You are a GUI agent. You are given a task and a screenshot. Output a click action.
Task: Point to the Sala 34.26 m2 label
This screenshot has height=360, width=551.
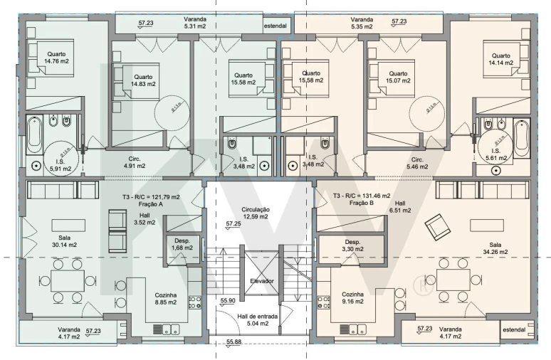click(x=495, y=248)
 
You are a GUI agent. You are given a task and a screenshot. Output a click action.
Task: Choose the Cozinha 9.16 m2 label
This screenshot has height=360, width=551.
click(x=353, y=297)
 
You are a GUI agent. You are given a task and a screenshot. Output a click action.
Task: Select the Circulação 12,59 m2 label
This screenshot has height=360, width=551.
click(x=256, y=213)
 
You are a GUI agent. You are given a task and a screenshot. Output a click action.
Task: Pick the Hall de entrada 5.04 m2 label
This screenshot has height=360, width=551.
click(x=258, y=319)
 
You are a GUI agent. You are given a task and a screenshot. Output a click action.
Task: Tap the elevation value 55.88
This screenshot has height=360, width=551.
click(x=234, y=342)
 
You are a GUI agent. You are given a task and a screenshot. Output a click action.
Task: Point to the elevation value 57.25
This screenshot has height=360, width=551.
click(x=233, y=223)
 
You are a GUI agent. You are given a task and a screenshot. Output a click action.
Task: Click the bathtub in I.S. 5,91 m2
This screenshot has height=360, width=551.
click(x=34, y=134)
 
